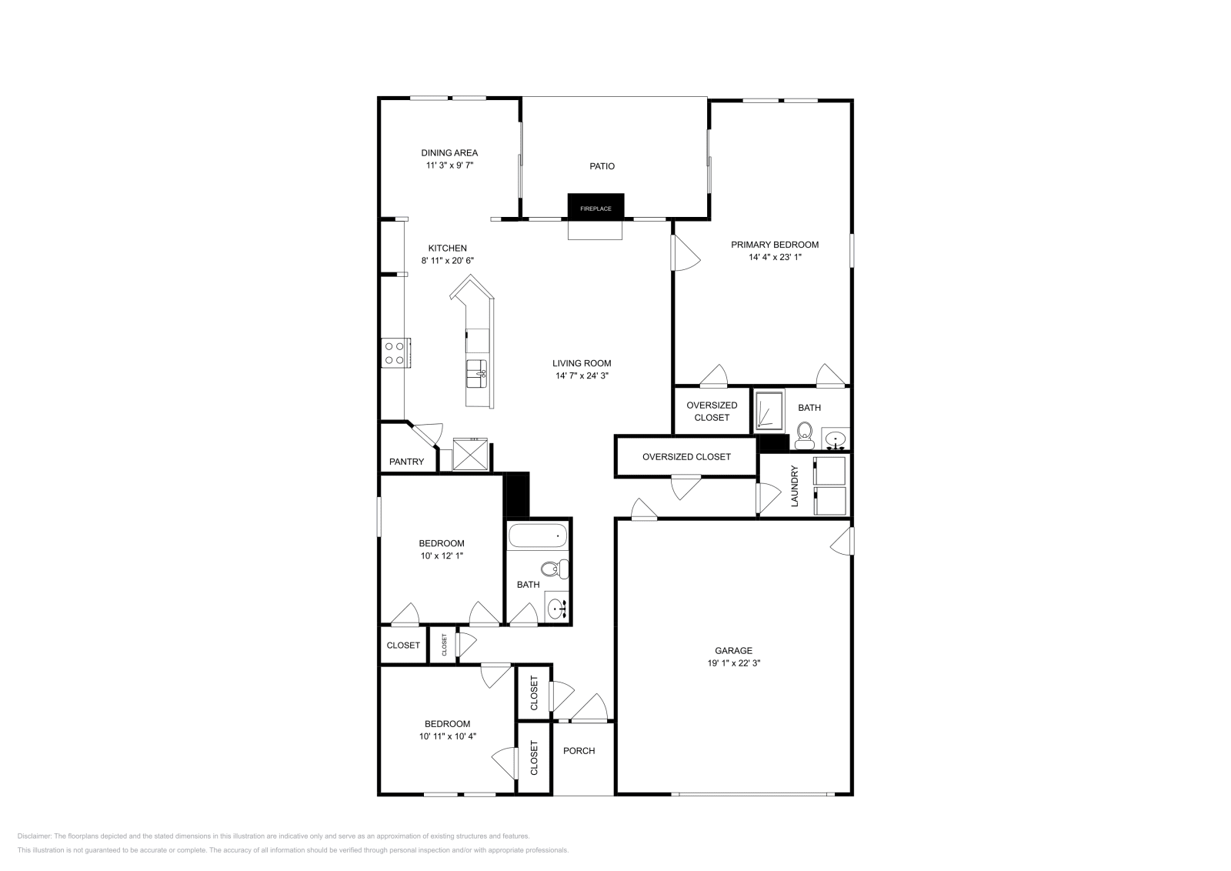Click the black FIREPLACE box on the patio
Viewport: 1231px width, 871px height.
click(x=595, y=206)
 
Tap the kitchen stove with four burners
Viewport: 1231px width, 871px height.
click(x=395, y=353)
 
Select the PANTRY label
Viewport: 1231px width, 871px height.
click(x=406, y=462)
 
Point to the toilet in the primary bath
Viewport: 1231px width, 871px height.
click(x=806, y=435)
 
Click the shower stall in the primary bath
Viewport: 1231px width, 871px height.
click(x=768, y=410)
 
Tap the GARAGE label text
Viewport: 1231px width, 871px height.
click(x=734, y=650)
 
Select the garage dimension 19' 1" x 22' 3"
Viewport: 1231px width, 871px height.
click(x=734, y=662)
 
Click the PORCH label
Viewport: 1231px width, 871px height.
click(x=579, y=751)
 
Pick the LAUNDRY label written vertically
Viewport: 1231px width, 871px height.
click(x=796, y=486)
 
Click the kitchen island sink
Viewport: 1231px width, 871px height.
click(x=476, y=374)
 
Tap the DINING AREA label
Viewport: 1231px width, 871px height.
click(x=449, y=152)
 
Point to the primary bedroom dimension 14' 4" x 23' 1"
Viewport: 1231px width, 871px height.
click(x=775, y=257)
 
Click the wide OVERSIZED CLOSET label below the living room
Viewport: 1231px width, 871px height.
click(x=686, y=456)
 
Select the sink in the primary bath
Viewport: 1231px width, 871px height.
click(x=835, y=439)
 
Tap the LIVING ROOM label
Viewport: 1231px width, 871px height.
click(x=582, y=363)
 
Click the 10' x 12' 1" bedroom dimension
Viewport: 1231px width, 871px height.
click(x=442, y=556)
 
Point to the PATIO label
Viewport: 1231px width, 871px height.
click(x=602, y=166)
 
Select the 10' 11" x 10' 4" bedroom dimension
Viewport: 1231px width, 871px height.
click(x=447, y=736)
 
